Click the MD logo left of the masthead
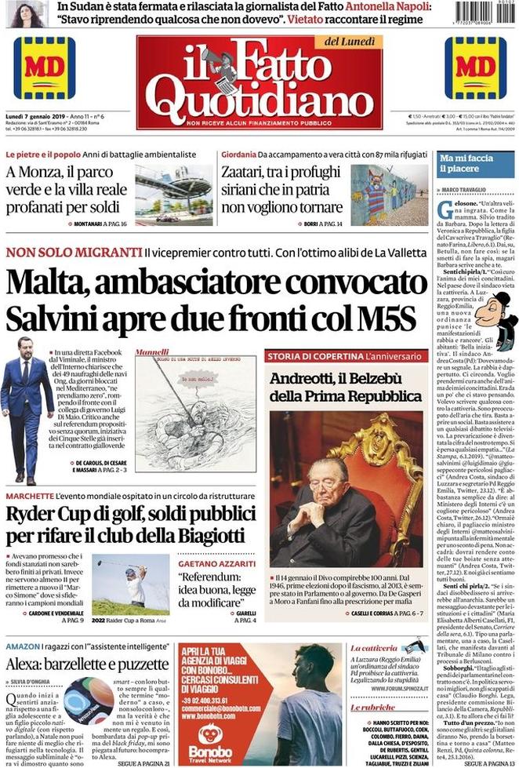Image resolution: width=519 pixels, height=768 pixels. pyautogui.click(x=45, y=68)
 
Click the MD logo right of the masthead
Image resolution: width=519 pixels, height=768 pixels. pyautogui.click(x=475, y=68)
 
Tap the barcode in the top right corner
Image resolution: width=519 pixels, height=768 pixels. pyautogui.click(x=485, y=13)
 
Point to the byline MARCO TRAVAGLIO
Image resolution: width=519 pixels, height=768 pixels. pyautogui.click(x=468, y=189)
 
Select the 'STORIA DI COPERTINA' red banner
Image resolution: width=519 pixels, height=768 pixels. pyautogui.click(x=315, y=356)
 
